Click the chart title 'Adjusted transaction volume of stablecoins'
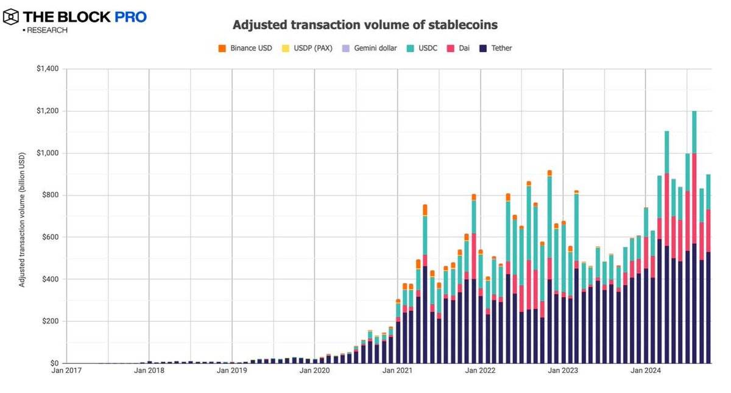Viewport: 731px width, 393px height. pos(365,25)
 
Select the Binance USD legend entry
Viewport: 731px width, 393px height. pos(246,48)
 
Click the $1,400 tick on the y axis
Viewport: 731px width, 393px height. pos(48,69)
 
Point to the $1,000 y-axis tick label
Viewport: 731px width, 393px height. pos(48,153)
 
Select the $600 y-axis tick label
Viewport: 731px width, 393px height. pos(50,237)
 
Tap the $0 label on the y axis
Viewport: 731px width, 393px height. pos(54,363)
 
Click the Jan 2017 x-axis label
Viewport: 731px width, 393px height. pos(66,370)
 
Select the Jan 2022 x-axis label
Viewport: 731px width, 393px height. pos(480,370)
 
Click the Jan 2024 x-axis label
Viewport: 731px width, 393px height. pos(646,370)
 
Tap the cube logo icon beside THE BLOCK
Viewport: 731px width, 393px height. pos(12,17)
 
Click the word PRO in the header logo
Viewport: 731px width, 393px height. pos(127,17)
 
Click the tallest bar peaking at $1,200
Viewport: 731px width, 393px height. pos(694,244)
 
